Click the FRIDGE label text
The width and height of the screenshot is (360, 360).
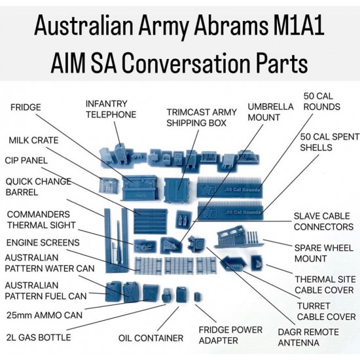[26, 107]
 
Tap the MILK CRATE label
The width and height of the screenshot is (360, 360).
[33, 140]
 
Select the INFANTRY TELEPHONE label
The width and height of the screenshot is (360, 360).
[111, 109]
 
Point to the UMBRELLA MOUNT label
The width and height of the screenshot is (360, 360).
[270, 112]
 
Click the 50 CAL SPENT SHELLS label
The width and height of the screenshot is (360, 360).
[329, 142]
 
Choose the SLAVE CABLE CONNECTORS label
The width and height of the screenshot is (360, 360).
[323, 221]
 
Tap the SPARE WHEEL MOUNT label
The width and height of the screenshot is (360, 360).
[324, 253]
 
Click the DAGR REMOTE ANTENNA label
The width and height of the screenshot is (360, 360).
[308, 337]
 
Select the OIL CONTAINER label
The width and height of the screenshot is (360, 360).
[151, 338]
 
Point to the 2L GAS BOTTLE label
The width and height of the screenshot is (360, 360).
[39, 337]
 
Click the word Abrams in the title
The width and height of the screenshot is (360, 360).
[231, 25]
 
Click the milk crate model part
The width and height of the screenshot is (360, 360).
[109, 185]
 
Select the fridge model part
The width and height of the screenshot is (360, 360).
[140, 188]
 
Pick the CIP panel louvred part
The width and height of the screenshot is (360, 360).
[151, 221]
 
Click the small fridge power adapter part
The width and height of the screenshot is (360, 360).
[197, 297]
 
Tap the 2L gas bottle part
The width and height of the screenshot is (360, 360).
[166, 295]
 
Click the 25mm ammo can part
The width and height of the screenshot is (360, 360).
[151, 293]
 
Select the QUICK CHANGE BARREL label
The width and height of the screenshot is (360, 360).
[39, 187]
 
